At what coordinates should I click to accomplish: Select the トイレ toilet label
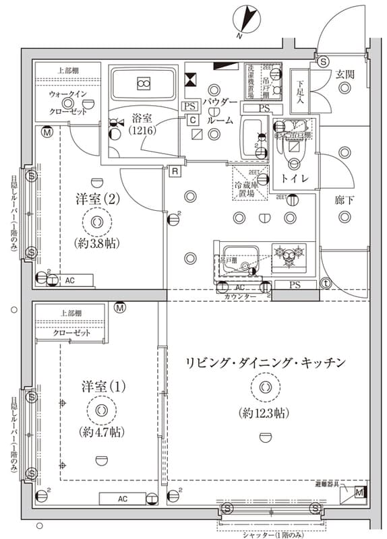pyautogui.click(x=295, y=179)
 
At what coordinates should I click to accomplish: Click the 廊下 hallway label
pyautogui.click(x=344, y=200)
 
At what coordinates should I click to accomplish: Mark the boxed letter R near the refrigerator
pyautogui.click(x=175, y=170)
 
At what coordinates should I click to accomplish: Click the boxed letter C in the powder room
pyautogui.click(x=193, y=119)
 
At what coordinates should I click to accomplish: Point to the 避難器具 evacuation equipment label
pyautogui.click(x=330, y=484)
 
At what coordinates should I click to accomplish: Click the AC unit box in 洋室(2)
pyautogui.click(x=70, y=280)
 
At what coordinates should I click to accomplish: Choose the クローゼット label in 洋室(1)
pyautogui.click(x=71, y=333)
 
